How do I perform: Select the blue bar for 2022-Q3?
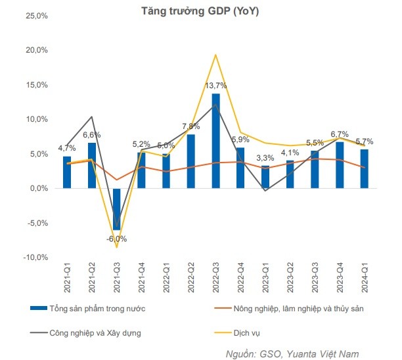point(215,141)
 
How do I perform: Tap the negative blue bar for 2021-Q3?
point(116,209)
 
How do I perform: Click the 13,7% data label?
point(216,86)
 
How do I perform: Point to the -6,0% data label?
point(116,239)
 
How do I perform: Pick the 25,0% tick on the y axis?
point(36,16)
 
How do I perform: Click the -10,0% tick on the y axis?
point(35,257)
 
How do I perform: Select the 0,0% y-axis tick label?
point(37,188)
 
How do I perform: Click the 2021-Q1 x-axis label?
point(67,277)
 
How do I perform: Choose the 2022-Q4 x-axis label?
point(241,277)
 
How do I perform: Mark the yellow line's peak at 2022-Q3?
point(215,55)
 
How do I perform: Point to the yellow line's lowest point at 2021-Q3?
point(116,247)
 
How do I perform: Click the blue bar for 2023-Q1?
point(265,176)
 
